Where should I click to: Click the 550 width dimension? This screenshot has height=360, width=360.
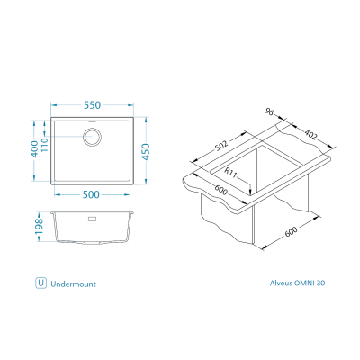coord(92,105)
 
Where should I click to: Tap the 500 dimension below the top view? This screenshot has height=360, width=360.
coord(91,194)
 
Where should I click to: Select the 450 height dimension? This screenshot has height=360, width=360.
coord(146,152)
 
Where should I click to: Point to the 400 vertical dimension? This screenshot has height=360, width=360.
coord(35,149)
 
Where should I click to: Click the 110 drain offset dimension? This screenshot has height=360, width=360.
coord(44,145)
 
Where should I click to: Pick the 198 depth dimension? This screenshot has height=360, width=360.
coord(39,227)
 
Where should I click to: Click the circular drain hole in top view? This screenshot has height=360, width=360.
coord(92,137)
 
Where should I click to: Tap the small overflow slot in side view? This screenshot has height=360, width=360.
coord(92,219)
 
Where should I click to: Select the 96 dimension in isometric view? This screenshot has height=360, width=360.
coord(270,112)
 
